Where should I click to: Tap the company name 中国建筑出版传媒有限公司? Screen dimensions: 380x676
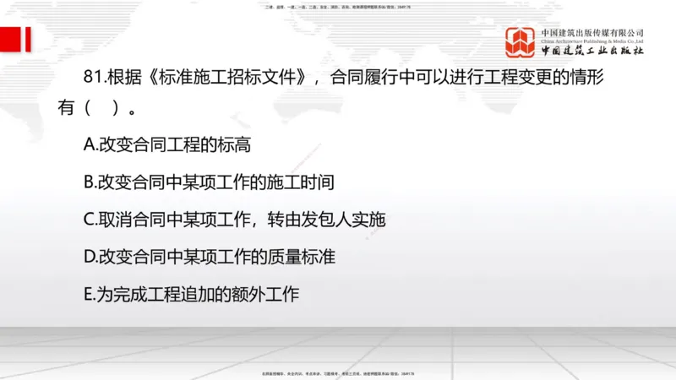[592, 32]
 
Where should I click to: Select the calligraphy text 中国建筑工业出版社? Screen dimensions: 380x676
[592, 52]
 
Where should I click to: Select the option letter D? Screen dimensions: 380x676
[90, 257]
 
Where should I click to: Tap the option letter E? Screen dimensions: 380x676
[89, 294]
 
